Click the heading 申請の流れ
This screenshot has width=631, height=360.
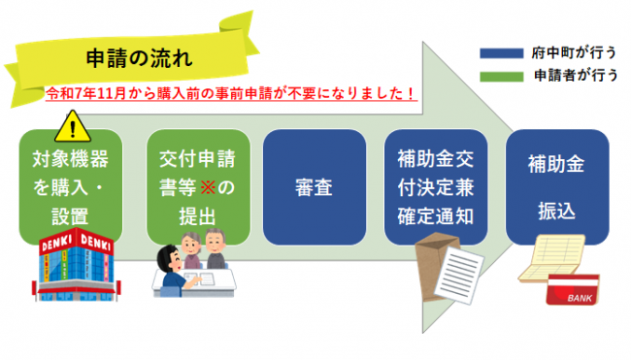tap(128, 58)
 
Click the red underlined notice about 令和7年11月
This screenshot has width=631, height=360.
tap(232, 94)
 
